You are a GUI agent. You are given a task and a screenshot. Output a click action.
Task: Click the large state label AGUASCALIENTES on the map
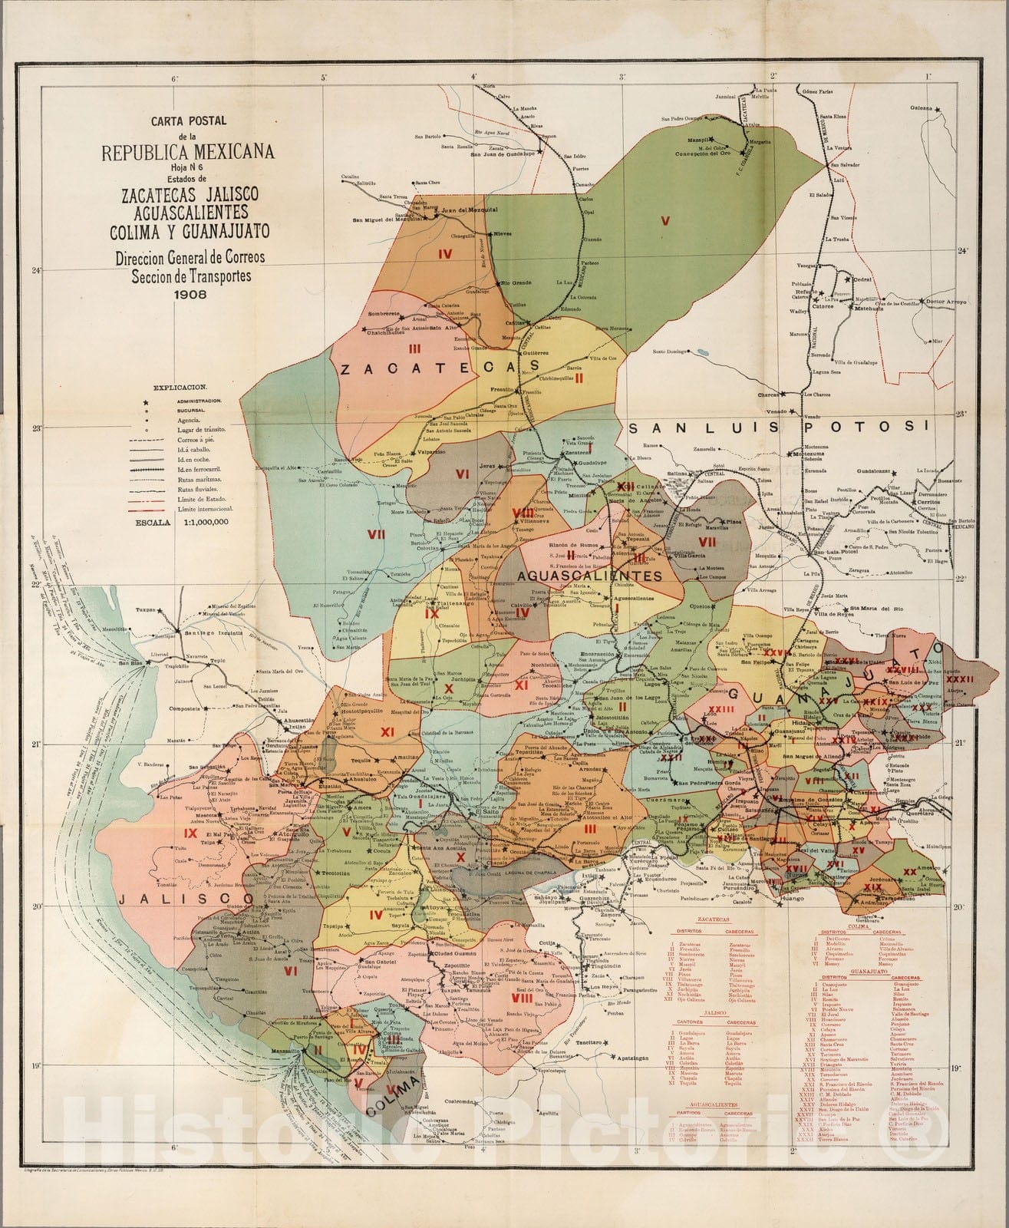click(589, 576)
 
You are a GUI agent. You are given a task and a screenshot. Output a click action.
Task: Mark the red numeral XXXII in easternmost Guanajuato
click(960, 678)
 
